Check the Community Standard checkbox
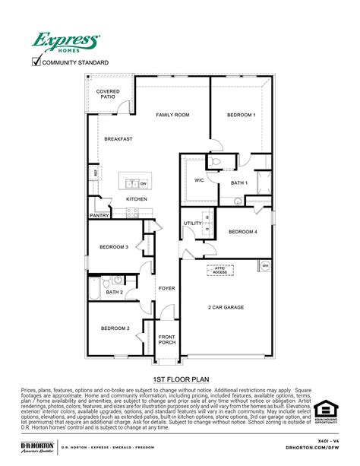pos(36,62)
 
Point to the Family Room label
pos(172,115)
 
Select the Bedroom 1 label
pos(241,115)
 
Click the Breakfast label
pos(118,139)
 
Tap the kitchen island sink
pos(131,183)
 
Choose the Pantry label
pos(99,215)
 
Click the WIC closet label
pos(199,180)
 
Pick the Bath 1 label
pos(239,182)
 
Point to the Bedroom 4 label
pos(242,231)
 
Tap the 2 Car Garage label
pos(226,308)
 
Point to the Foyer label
pos(166,288)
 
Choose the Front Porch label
pos(166,341)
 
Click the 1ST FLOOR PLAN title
pos(179,378)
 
